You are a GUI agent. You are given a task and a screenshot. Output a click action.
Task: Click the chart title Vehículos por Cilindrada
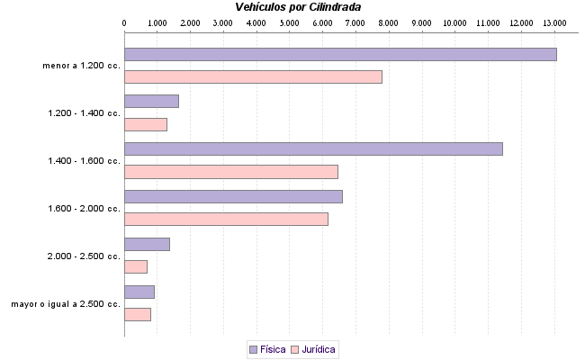pyautogui.click(x=297, y=6)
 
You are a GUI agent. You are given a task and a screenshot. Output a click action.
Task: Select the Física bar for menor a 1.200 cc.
pyautogui.click(x=340, y=54)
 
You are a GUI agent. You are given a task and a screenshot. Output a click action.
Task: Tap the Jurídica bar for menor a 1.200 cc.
pyautogui.click(x=253, y=76)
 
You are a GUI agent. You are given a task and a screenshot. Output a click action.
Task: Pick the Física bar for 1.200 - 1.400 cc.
pyautogui.click(x=151, y=101)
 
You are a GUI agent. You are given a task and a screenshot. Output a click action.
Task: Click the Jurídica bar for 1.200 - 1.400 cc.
pyautogui.click(x=146, y=124)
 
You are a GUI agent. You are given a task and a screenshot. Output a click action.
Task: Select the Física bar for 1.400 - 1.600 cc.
pyautogui.click(x=313, y=148)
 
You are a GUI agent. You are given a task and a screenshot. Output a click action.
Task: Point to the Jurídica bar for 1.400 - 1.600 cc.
pyautogui.click(x=231, y=171)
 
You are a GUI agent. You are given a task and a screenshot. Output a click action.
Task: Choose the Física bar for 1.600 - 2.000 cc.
pyautogui.click(x=233, y=196)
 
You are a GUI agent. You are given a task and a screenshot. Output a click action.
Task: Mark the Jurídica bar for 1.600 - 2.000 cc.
pyautogui.click(x=226, y=219)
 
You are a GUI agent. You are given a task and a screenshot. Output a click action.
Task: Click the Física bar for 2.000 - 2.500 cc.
pyautogui.click(x=147, y=244)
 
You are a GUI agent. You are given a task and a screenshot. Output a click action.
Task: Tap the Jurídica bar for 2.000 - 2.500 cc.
pyautogui.click(x=136, y=266)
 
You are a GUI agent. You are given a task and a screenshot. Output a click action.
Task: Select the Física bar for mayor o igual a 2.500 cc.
pyautogui.click(x=139, y=292)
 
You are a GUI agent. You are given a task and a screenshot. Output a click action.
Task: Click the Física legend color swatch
pyautogui.click(x=253, y=349)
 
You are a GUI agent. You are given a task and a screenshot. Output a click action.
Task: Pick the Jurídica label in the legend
pyautogui.click(x=319, y=349)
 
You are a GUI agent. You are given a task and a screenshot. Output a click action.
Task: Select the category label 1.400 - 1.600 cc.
pyautogui.click(x=85, y=160)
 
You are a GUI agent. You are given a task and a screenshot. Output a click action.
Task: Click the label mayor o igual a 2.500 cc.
pyautogui.click(x=66, y=304)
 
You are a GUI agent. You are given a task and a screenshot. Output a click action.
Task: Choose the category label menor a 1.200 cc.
pyautogui.click(x=81, y=66)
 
